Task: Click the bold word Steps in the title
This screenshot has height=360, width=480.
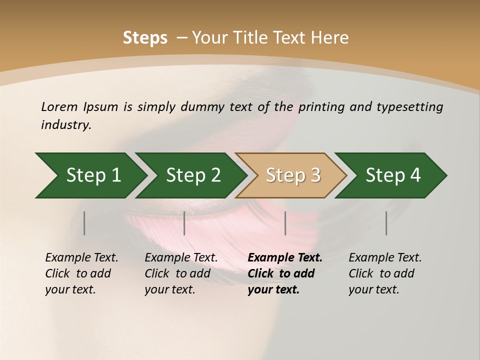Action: pos(145,38)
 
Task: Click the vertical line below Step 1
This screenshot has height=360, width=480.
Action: pos(84,223)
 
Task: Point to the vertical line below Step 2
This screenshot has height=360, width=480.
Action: pos(184,223)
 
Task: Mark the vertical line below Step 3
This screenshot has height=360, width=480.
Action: pos(285,223)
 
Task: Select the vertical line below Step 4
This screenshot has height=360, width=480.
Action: pos(386,223)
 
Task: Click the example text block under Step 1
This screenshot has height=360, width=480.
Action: pos(81,273)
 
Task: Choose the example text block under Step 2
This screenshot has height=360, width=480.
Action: pos(181,273)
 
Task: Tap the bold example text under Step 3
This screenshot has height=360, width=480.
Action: pos(284,273)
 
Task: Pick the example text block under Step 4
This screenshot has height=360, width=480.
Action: pos(385,273)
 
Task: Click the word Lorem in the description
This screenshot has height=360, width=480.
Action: pos(59,106)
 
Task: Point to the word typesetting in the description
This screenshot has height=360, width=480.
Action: pos(413,106)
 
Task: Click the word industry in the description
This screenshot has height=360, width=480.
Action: pos(66,125)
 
